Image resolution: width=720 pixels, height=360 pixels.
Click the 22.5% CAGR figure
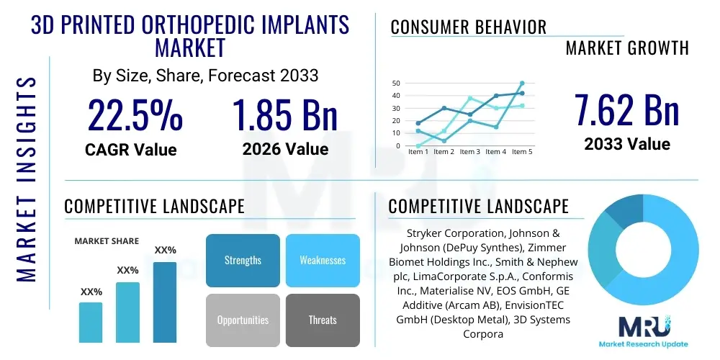pos(135,114)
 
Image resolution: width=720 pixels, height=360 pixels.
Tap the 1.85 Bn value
pos(285,114)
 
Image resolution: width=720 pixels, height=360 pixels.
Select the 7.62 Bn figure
pos(626,109)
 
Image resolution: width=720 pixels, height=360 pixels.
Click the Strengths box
pos(243,260)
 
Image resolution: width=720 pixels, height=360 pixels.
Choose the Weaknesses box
pos(322,260)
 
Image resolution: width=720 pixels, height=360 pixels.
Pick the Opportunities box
pos(243,320)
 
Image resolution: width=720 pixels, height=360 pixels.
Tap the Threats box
pos(322,320)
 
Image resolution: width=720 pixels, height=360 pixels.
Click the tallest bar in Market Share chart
pos(165,302)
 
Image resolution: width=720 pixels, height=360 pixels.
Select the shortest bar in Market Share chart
pos(91,322)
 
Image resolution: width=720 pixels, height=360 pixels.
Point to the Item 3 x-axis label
pos(469,152)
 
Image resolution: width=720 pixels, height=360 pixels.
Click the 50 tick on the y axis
pos(395,84)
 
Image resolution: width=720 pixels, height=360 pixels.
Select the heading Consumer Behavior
pos(468,27)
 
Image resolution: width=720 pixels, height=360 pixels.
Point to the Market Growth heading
pos(626,48)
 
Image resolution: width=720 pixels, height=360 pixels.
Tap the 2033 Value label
pos(626,143)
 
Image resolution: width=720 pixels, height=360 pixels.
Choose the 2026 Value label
pos(285,149)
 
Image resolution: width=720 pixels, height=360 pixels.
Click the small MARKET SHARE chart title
pos(107,241)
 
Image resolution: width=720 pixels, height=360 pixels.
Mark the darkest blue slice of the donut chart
pos(624,212)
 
